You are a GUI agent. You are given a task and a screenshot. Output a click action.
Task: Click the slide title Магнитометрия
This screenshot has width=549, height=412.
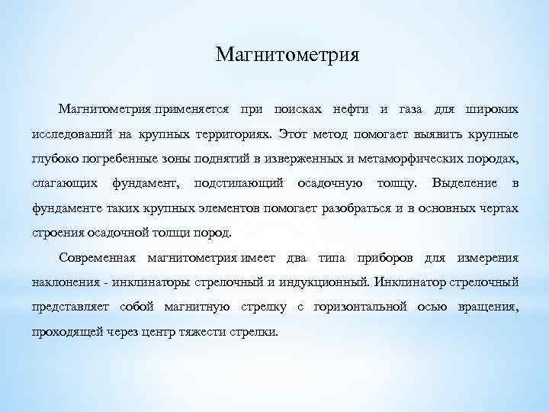click(287, 55)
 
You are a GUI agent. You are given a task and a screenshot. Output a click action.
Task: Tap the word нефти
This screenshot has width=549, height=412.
click(355, 111)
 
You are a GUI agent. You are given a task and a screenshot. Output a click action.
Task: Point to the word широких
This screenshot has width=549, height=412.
click(493, 111)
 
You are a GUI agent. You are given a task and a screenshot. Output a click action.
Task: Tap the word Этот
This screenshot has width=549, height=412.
click(294, 135)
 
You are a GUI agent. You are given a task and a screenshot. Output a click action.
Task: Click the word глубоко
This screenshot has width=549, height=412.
click(54, 159)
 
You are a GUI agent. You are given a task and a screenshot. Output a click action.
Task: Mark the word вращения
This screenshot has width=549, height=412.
click(489, 306)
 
